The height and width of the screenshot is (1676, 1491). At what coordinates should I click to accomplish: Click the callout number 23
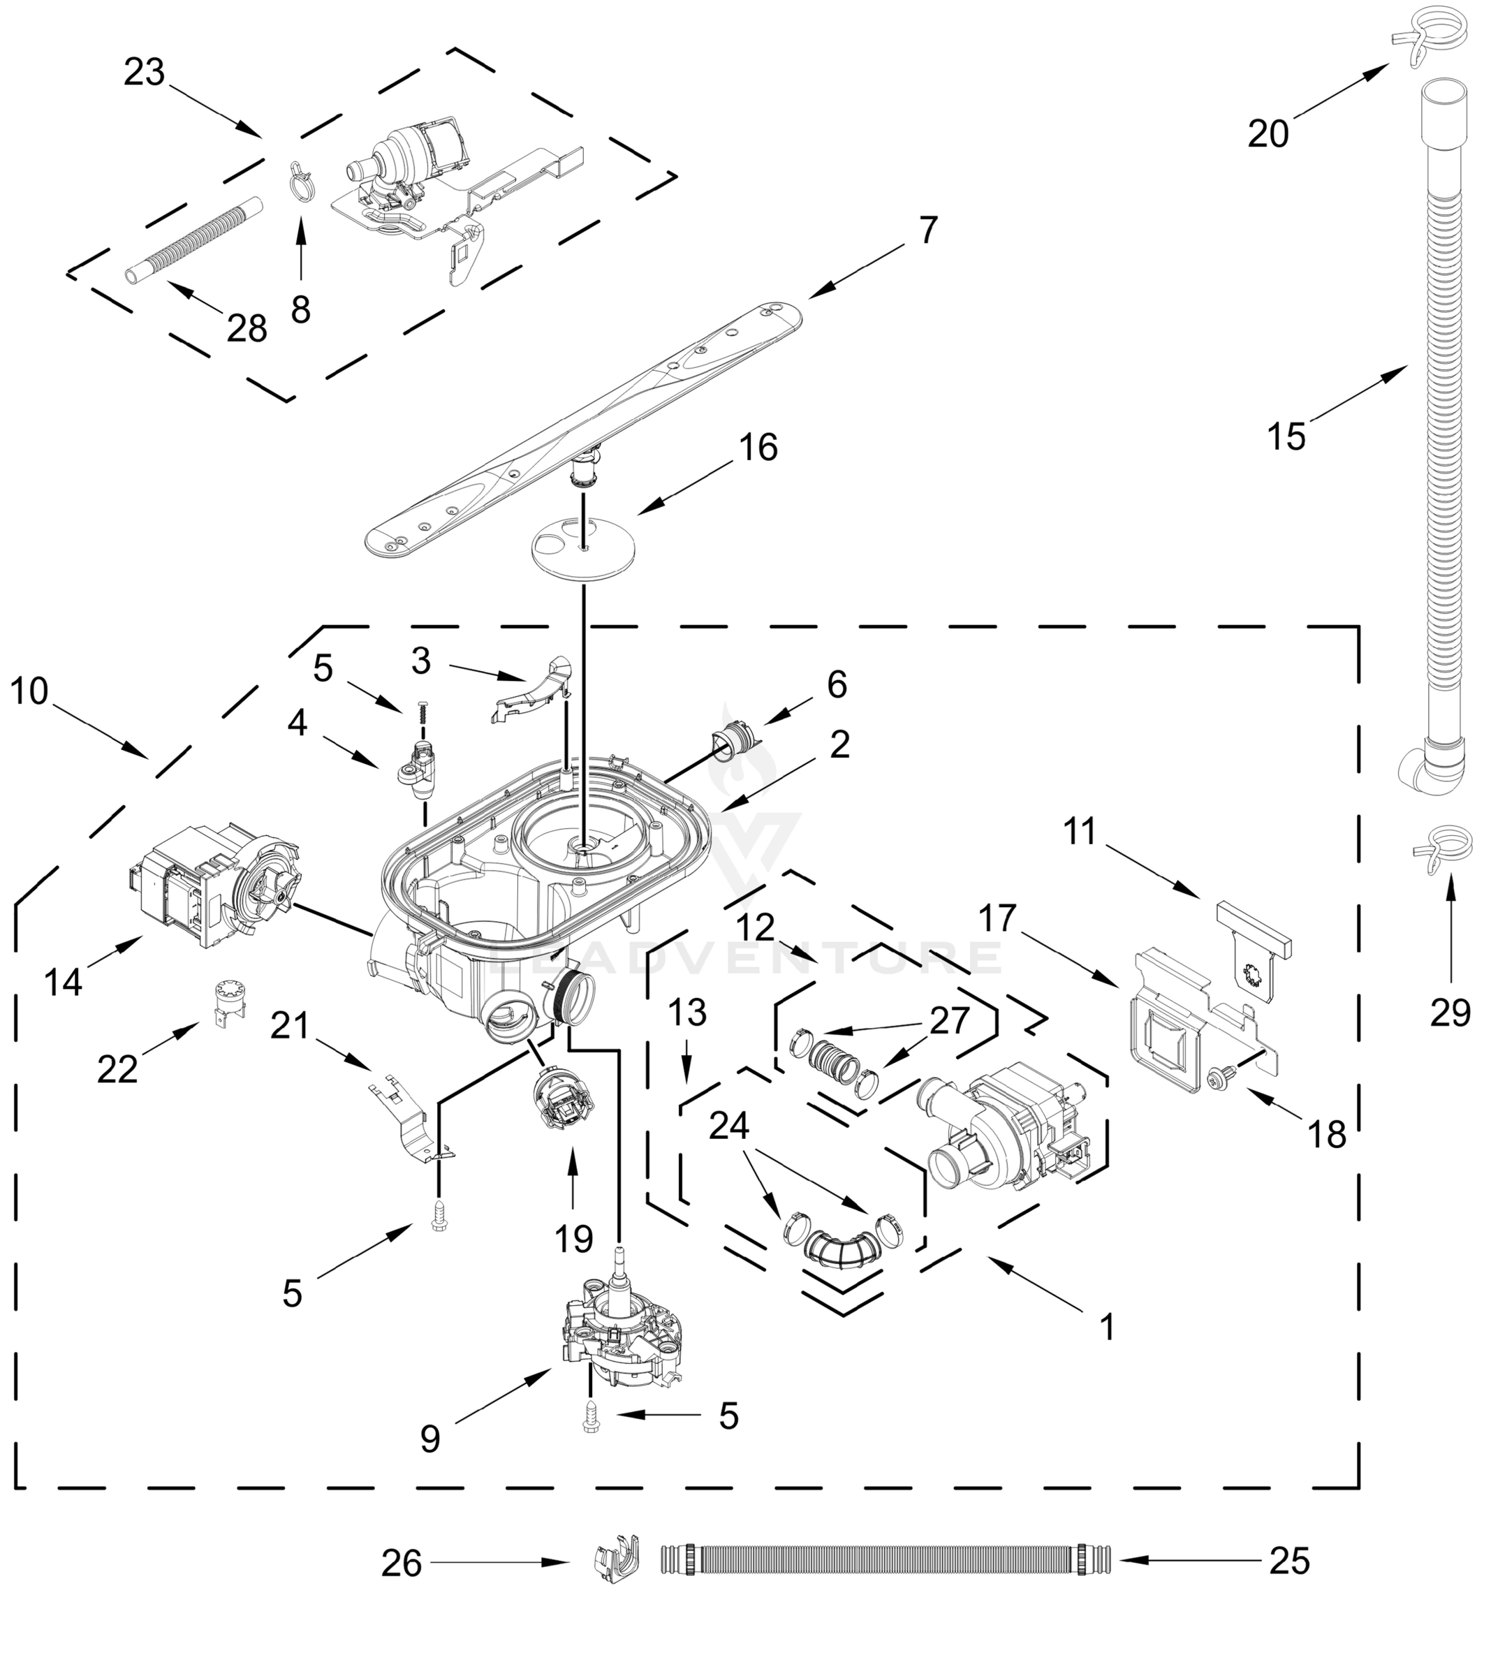click(145, 73)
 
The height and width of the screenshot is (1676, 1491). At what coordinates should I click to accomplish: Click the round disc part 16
click(583, 555)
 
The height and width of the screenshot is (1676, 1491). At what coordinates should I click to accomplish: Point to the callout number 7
click(927, 230)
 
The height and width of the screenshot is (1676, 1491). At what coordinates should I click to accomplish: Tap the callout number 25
click(1289, 1562)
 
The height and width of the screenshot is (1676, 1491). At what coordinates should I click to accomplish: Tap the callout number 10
click(29, 691)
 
